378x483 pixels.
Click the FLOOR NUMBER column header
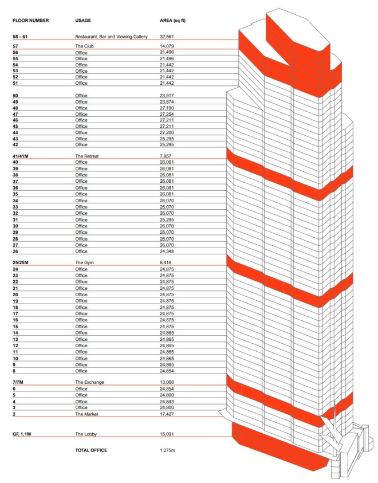point(30,20)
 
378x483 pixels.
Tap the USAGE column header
point(83,20)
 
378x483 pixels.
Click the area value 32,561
point(167,37)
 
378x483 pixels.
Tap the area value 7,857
point(166,156)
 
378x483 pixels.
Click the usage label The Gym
point(85,262)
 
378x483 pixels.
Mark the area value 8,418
point(166,262)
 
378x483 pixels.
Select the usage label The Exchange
point(89,382)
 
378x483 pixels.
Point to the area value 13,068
point(167,382)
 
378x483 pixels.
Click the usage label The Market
point(87,413)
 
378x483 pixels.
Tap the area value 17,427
point(167,413)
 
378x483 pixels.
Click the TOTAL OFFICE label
point(91,450)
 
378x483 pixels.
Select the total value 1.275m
point(167,450)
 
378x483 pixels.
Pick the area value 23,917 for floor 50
point(167,95)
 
